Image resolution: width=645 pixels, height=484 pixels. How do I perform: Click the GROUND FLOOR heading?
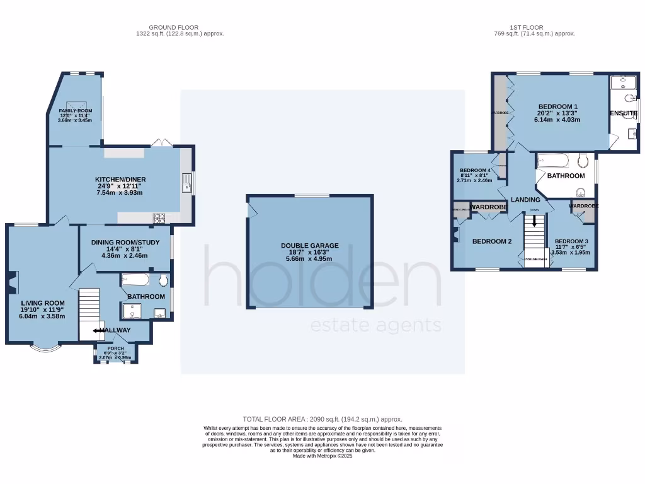173,27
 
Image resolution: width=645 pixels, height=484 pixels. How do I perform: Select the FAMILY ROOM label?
76,111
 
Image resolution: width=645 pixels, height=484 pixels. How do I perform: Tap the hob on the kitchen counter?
159,219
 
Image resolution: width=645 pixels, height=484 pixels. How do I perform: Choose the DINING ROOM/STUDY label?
123,243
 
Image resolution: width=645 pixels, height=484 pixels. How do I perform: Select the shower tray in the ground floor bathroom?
132,311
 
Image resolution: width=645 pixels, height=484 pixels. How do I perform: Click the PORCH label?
115,349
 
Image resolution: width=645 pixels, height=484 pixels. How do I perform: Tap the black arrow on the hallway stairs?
98,330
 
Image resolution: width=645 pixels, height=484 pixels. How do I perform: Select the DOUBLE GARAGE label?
309,246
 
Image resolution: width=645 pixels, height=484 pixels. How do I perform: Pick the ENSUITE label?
624,113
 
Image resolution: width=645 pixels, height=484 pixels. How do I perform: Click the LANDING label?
525,200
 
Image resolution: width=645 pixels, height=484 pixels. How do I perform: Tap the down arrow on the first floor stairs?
535,221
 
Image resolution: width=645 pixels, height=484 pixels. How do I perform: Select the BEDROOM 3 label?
571,241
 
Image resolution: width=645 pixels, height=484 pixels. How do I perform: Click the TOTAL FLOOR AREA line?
322,419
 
